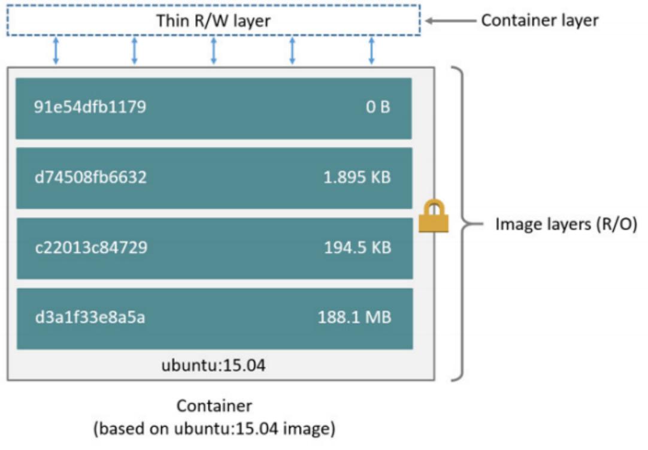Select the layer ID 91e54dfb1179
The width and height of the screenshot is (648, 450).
point(90,108)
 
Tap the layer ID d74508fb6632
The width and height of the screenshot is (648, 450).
point(90,178)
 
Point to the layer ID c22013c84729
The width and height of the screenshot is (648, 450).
point(90,247)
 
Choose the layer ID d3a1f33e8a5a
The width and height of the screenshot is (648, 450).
point(89,317)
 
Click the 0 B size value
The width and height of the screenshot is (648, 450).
point(378,108)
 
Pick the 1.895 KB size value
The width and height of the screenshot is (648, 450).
point(358,178)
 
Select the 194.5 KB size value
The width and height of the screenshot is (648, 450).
point(358,247)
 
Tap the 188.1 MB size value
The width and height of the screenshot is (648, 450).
point(354,317)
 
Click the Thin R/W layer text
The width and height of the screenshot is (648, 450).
point(213,21)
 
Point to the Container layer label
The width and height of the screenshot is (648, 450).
point(540,21)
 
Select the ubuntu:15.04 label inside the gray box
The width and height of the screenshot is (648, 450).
point(213,365)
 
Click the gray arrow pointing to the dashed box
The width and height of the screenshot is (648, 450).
point(450,21)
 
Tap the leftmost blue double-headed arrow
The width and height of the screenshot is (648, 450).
point(56,51)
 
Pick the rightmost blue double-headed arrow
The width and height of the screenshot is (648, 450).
point(371,51)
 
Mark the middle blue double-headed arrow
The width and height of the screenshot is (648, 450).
point(213,51)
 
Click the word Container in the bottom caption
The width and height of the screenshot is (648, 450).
point(214,406)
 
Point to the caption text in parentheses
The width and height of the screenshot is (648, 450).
point(214,429)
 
